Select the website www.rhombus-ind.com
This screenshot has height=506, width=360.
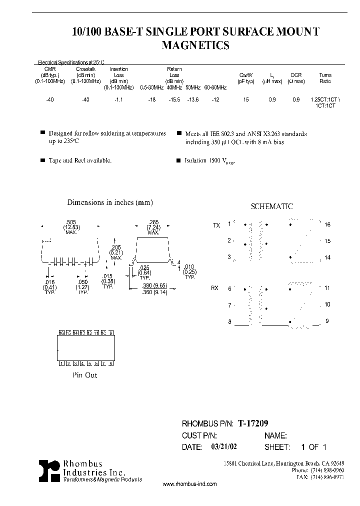tap(190, 484)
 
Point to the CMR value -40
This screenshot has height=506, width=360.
tap(49, 100)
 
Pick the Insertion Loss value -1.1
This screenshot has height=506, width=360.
tap(119, 100)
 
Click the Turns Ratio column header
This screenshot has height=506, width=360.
tap(325, 78)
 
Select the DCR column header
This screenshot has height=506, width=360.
tap(296, 75)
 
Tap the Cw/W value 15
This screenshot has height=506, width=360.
tap(246, 100)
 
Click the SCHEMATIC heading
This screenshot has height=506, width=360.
tap(271, 206)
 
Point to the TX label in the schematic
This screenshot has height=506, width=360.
tap(216, 225)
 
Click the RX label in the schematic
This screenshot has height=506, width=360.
tap(215, 288)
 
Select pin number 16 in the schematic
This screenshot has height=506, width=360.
tap(327, 225)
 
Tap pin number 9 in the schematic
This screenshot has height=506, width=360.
tap(327, 321)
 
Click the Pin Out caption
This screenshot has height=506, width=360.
tap(85, 375)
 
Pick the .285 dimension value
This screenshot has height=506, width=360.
tap(153, 222)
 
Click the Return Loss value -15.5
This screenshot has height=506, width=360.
tap(174, 100)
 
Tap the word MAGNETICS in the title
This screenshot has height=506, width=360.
tap(196, 45)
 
